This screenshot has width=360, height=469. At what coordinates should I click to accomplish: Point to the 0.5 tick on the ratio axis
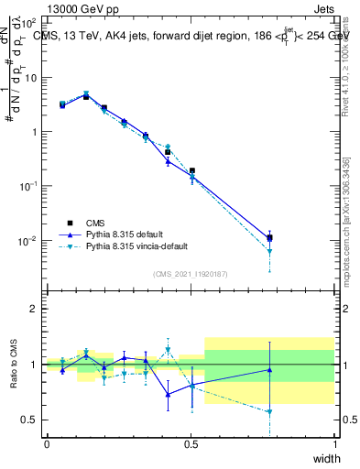point(29,420)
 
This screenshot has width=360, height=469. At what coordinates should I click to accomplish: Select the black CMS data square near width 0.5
point(192,170)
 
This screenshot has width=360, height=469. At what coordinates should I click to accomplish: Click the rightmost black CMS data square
point(269,237)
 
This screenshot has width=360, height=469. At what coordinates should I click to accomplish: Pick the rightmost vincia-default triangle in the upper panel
point(269,251)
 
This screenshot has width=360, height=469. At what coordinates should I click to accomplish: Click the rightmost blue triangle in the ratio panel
point(269,370)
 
